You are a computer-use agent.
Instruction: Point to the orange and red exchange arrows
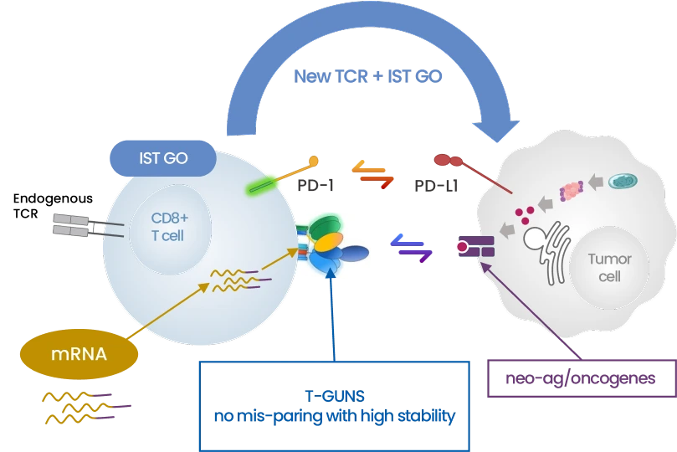tap(372, 173)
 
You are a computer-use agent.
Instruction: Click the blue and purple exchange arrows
tap(412, 248)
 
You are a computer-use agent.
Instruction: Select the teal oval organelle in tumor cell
tap(622, 181)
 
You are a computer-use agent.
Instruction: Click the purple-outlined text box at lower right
tap(581, 379)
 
